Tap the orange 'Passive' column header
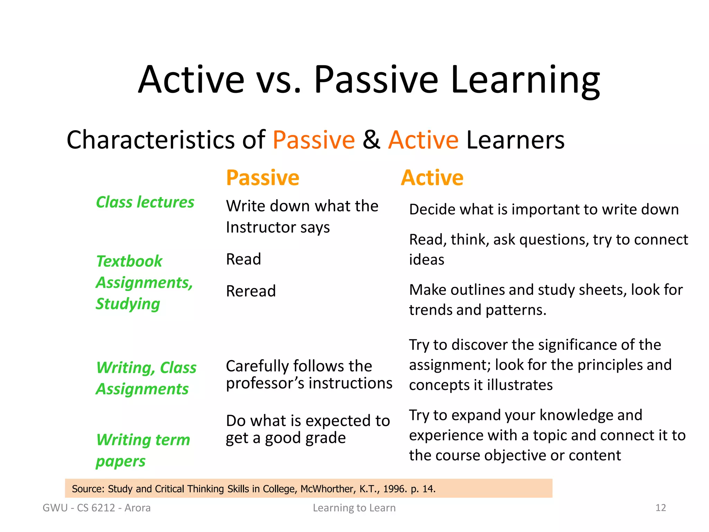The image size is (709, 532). (262, 178)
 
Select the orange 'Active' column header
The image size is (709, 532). (432, 178)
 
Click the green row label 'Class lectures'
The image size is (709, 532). (145, 202)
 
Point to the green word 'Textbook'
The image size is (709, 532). (129, 261)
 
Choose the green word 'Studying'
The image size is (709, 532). (128, 304)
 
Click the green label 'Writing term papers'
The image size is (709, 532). (143, 450)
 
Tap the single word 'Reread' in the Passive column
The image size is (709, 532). (251, 291)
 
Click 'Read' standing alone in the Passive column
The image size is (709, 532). (243, 259)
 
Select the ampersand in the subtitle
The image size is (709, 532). (371, 140)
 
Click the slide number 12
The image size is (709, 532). (661, 508)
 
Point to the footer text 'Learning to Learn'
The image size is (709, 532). (354, 508)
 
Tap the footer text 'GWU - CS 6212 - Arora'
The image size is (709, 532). (97, 508)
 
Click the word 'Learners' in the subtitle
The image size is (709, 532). (515, 140)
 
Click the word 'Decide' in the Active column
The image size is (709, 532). (428, 210)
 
